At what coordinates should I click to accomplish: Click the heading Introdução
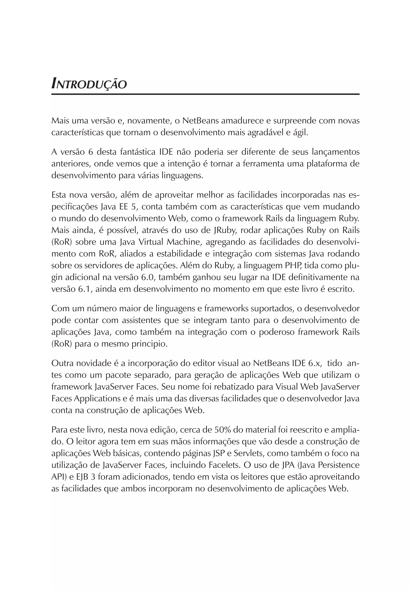89,84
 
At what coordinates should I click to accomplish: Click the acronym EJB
83,477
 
